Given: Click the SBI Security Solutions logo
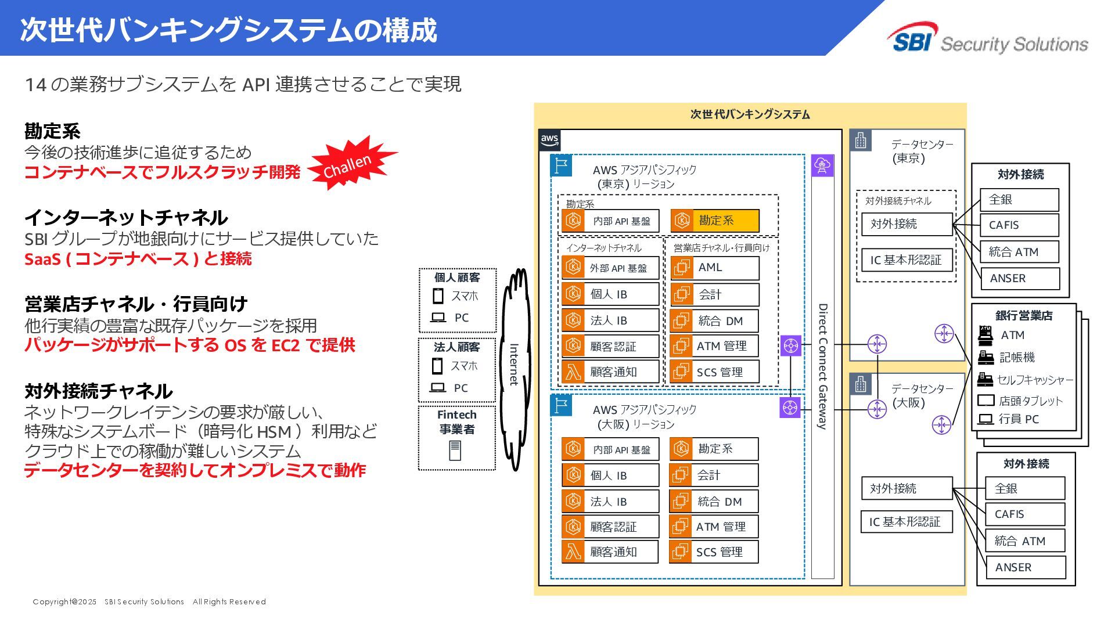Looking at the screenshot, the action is coord(987,39).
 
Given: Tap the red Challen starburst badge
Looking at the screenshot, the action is coord(350,164).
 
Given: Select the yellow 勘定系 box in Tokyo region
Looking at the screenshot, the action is coord(715,221).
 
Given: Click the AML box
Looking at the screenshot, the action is coord(715,268).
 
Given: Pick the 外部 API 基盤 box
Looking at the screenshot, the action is coord(610,268).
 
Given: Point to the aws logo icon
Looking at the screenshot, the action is coord(549,140).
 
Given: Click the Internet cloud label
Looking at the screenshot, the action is coord(513,365).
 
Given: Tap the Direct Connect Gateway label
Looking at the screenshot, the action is coord(822,366).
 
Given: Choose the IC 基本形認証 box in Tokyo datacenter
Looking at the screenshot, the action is coord(905,260).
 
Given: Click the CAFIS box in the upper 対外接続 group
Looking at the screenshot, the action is coord(1019,225).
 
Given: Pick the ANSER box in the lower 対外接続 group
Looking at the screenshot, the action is coord(1026,568).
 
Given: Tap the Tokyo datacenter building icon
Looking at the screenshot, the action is coord(861,140).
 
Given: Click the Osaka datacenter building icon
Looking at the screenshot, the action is coord(861,384).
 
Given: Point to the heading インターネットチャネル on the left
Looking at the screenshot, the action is coord(126,218).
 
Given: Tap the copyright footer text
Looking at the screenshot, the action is coord(149,602).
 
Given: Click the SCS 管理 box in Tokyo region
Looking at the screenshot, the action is coord(715,372).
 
